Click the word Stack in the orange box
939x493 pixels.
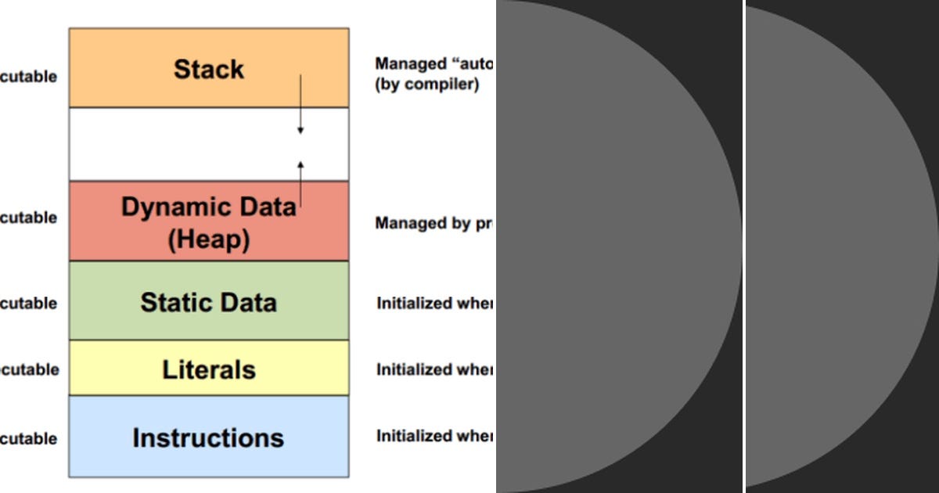(x=208, y=69)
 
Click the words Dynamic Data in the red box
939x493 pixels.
(x=208, y=207)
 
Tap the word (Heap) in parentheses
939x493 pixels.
(x=208, y=239)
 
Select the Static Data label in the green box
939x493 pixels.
(x=208, y=302)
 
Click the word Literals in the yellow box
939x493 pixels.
(x=208, y=369)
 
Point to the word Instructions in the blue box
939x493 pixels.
(x=208, y=437)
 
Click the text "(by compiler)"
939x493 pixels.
(x=426, y=85)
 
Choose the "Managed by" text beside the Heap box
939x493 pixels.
(x=423, y=223)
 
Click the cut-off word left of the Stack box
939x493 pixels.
(x=28, y=77)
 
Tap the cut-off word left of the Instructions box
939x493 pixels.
(x=28, y=438)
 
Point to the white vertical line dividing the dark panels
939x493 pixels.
(x=743, y=246)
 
